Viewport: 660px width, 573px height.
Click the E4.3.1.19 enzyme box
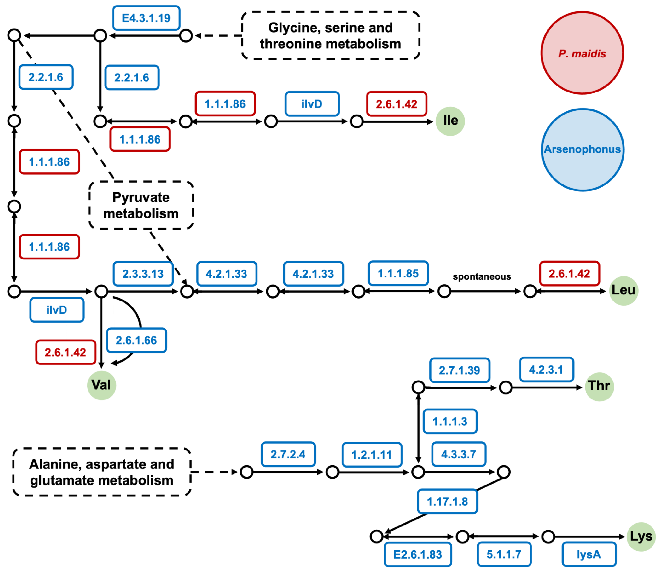[x=146, y=18]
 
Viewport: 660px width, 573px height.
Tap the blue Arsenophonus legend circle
[x=582, y=150]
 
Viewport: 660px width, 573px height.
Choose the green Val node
[x=101, y=385]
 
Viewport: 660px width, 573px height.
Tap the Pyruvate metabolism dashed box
[x=141, y=205]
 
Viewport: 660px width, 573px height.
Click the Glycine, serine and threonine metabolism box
[x=330, y=35]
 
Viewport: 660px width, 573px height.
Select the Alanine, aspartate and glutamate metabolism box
[x=102, y=472]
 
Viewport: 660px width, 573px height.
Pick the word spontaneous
[x=482, y=277]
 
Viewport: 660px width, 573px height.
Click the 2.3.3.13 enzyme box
[x=143, y=274]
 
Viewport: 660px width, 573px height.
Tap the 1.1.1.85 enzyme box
[x=398, y=273]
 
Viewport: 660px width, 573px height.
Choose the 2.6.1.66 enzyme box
[x=136, y=340]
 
